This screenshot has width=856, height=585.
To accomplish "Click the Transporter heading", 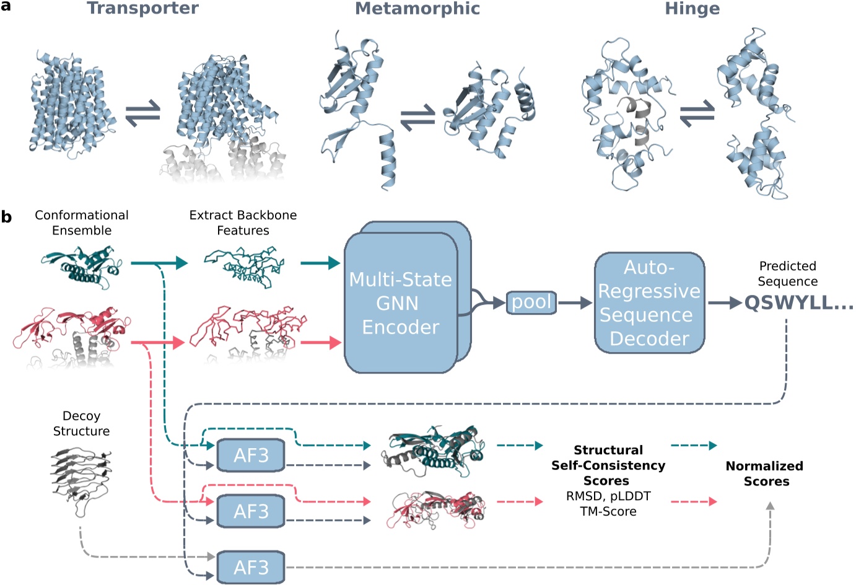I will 142,9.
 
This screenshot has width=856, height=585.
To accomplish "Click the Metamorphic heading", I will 417,9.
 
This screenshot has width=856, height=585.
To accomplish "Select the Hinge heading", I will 692,9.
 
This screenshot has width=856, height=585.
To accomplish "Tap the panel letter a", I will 6,7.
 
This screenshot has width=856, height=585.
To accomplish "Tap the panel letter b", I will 6,217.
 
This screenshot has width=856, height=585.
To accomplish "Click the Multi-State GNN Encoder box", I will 401,303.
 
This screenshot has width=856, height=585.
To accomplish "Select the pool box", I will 531,302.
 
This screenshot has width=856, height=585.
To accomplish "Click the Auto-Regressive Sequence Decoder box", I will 649,303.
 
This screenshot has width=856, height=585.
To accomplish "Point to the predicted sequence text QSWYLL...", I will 798,303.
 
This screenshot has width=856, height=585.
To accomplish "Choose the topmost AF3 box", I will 251,455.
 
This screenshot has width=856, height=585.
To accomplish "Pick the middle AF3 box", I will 251,511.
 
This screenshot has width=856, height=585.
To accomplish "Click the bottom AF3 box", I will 251,567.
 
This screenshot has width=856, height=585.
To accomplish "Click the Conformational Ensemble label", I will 82,222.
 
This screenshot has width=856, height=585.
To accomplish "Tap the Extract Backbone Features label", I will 243,222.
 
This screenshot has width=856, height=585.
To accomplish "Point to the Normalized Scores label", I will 765,473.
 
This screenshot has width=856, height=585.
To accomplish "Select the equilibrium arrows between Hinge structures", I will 697,114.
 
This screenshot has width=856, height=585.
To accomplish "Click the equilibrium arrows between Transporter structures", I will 143,114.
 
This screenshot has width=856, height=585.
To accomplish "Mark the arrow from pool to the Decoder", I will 575,303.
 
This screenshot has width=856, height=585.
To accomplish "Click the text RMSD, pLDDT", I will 608,496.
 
